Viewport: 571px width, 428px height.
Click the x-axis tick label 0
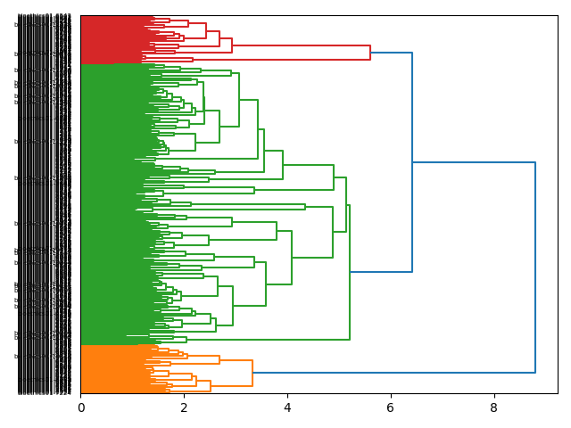click(81, 407)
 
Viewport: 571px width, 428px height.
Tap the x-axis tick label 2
click(184, 407)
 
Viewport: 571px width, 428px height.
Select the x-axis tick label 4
click(287, 407)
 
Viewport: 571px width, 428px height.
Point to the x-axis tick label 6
click(391, 407)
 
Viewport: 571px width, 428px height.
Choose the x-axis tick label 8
click(493, 407)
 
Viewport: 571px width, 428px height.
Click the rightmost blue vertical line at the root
click(535, 267)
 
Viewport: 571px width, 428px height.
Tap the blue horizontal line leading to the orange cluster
click(393, 373)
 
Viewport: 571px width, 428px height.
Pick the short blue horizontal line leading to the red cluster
click(391, 53)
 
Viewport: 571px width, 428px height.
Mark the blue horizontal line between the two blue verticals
click(474, 162)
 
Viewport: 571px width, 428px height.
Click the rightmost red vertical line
click(370, 53)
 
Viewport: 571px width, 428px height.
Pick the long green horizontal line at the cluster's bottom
click(249, 340)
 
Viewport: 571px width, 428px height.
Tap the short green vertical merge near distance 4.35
click(305, 207)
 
